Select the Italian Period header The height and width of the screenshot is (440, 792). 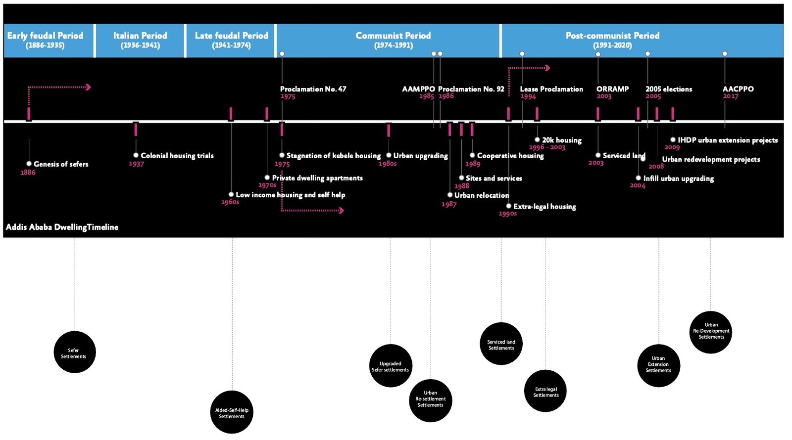[x=140, y=40]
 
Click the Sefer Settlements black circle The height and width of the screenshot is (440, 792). [x=75, y=352]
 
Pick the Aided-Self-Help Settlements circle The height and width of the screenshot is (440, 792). [x=232, y=412]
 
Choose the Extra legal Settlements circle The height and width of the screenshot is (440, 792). [x=545, y=391]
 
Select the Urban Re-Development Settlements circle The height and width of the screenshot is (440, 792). [x=711, y=332]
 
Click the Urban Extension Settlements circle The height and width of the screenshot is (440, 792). [x=658, y=365]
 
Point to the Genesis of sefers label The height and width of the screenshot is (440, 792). [x=61, y=164]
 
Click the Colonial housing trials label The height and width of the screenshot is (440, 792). [x=177, y=156]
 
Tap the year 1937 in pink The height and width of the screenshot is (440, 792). [x=137, y=164]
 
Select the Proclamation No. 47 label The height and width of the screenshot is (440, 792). [x=313, y=89]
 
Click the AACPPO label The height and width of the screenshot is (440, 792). [x=738, y=89]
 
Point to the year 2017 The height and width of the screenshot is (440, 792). [x=730, y=96]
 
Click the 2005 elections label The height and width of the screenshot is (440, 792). [x=669, y=89]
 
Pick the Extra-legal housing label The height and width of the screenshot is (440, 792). [x=544, y=207]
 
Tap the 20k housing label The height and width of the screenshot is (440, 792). [x=562, y=140]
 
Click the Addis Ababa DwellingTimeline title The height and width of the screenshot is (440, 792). [x=62, y=227]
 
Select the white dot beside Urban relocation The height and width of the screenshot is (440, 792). [x=450, y=195]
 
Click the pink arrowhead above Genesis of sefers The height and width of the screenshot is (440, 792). [x=89, y=87]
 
